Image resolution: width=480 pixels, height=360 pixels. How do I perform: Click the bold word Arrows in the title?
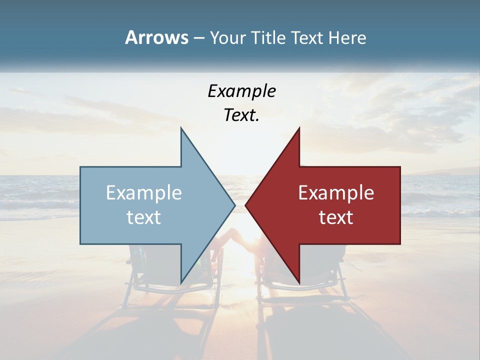click(x=156, y=37)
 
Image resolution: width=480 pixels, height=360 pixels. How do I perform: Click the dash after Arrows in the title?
click(x=198, y=38)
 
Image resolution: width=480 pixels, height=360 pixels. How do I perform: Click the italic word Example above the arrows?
click(x=241, y=91)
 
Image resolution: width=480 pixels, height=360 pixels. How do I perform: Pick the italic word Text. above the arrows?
click(x=241, y=115)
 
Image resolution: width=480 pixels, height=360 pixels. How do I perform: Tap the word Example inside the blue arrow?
click(x=144, y=193)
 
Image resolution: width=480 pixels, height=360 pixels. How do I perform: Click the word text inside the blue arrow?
click(x=144, y=217)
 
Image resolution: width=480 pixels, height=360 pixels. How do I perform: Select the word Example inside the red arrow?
click(x=336, y=193)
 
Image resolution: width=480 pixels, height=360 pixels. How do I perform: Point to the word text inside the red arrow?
click(x=336, y=217)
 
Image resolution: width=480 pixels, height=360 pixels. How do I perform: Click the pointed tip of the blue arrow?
click(x=234, y=205)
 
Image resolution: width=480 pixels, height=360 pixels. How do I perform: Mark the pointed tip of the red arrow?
click(x=246, y=205)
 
